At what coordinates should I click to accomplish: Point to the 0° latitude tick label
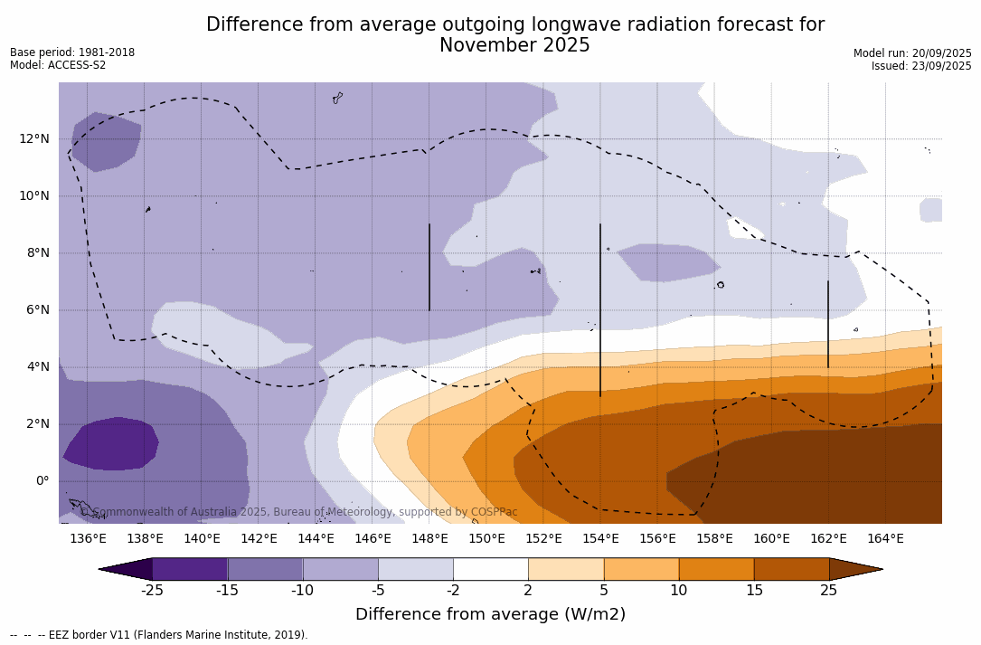pos(42,481)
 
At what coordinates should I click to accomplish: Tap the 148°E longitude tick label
pos(429,539)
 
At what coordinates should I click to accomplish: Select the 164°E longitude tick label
pos(885,539)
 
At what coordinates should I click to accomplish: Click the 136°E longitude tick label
pos(88,539)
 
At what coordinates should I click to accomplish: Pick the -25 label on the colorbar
pos(152,591)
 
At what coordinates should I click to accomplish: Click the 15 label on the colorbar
pos(753,591)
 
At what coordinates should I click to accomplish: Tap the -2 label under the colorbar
pos(453,591)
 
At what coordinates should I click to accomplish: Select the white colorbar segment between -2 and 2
pos(490,569)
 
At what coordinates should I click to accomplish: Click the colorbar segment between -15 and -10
pos(265,569)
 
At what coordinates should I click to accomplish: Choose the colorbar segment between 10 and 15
pos(716,569)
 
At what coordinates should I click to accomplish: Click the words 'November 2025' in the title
pos(514,46)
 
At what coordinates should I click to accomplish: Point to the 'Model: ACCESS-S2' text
pos(58,65)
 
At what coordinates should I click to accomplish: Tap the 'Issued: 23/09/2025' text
pos(921,66)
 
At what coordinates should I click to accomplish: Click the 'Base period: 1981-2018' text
pos(72,52)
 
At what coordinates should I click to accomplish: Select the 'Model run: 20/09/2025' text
pos(912,53)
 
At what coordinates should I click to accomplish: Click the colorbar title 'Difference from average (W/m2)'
pos(490,615)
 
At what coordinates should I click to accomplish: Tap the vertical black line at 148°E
pos(429,267)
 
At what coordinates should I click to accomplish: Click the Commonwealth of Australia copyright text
pos(299,512)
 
